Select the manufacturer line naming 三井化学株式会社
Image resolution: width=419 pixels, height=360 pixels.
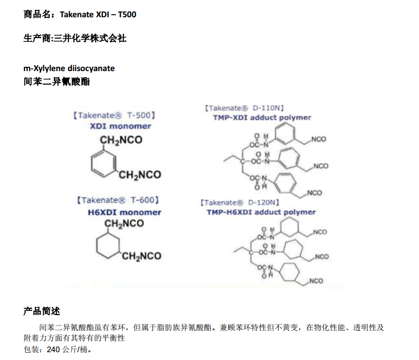pyautogui.click(x=75, y=38)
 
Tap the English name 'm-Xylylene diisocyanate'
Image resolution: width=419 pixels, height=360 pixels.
pyautogui.click(x=69, y=68)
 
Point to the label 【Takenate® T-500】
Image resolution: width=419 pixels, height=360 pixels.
pyautogui.click(x=114, y=115)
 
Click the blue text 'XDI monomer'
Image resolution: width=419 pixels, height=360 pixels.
pyautogui.click(x=121, y=126)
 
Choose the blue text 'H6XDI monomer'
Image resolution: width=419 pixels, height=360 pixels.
pyautogui.click(x=124, y=212)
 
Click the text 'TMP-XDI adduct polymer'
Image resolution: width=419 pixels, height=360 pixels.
pyautogui.click(x=262, y=118)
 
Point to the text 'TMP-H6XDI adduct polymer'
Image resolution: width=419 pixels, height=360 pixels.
pyautogui.click(x=261, y=212)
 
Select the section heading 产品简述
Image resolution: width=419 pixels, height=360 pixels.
pyautogui.click(x=42, y=311)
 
